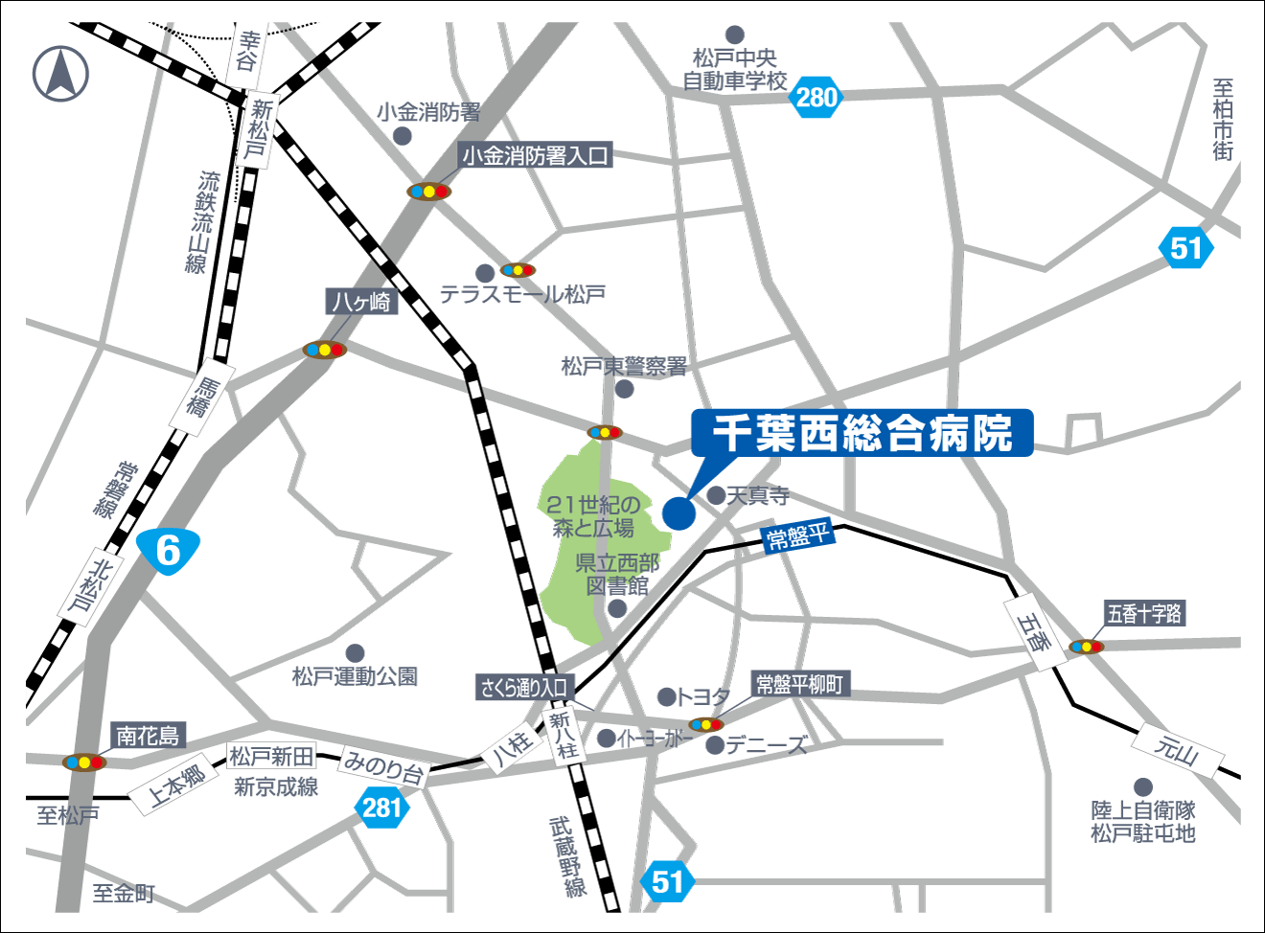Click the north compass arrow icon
pos(60,74)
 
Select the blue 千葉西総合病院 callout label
pos(862,433)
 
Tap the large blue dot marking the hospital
pos(678,512)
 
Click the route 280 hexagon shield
pos(816,97)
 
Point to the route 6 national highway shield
pos(168,551)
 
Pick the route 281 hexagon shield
pos(381,808)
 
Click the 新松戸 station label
pos(260,130)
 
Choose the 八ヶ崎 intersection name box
pos(361,302)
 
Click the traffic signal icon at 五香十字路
pos(1087,647)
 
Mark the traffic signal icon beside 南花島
pos(84,762)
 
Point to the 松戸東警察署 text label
pos(624,366)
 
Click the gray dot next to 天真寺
pos(716,495)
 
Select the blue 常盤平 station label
pos(797,536)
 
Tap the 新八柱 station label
pos(563,735)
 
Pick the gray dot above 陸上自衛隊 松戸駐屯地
pos(1142,787)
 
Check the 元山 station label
pos(1177,749)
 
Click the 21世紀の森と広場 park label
pos(593,515)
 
